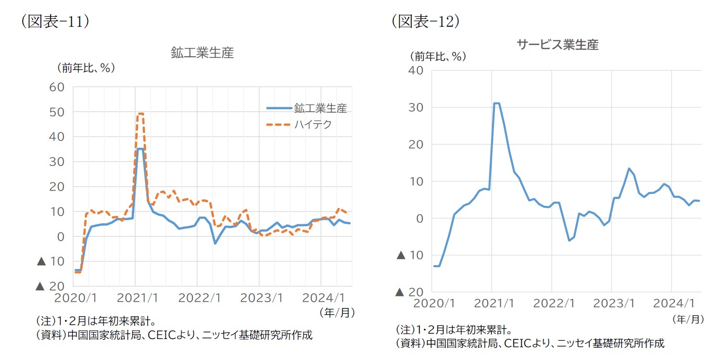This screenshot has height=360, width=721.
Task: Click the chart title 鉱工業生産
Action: click(202, 53)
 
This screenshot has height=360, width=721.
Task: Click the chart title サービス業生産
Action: click(557, 45)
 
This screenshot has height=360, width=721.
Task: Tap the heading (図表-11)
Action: click(55, 22)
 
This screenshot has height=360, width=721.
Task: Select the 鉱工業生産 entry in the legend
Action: click(321, 108)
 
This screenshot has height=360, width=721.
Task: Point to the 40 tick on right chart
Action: click(416, 70)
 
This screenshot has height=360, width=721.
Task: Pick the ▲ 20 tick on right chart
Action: click(410, 292)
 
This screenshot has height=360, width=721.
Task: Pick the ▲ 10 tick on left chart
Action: click(51, 261)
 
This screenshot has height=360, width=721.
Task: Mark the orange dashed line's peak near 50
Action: click(140, 114)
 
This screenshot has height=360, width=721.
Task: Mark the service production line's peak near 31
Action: click(496, 103)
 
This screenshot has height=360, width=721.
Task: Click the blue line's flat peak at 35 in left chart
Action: click(140, 149)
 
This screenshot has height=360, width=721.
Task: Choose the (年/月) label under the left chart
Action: click(337, 313)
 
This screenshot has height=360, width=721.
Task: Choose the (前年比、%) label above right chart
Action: click(438, 56)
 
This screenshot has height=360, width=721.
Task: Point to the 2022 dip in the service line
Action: click(569, 240)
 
